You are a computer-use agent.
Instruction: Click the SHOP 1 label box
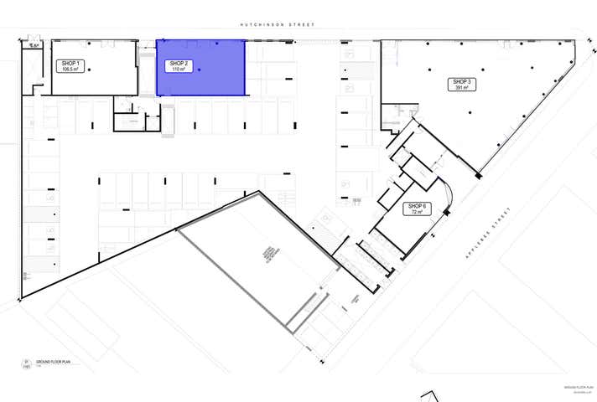pos(70,66)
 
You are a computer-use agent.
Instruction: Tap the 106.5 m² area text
pos(70,70)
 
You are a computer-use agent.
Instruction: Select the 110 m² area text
pos(178,70)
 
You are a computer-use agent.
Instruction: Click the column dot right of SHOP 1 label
pos(90,70)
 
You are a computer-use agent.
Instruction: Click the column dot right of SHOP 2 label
pos(200,70)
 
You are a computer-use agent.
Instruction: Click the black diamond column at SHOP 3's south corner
pos(479,175)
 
